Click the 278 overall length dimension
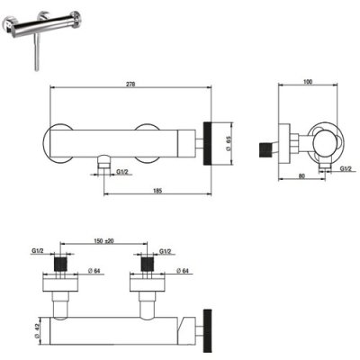tap(130, 85)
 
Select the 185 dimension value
tap(157, 191)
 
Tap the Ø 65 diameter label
tap(228, 143)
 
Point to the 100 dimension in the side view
tap(308, 82)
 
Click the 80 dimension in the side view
tap(301, 176)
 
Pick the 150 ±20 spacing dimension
tap(103, 241)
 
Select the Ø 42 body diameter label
tap(37, 331)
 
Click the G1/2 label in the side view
tap(346, 169)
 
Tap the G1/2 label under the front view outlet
tap(122, 172)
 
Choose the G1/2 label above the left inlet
tap(37, 251)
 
